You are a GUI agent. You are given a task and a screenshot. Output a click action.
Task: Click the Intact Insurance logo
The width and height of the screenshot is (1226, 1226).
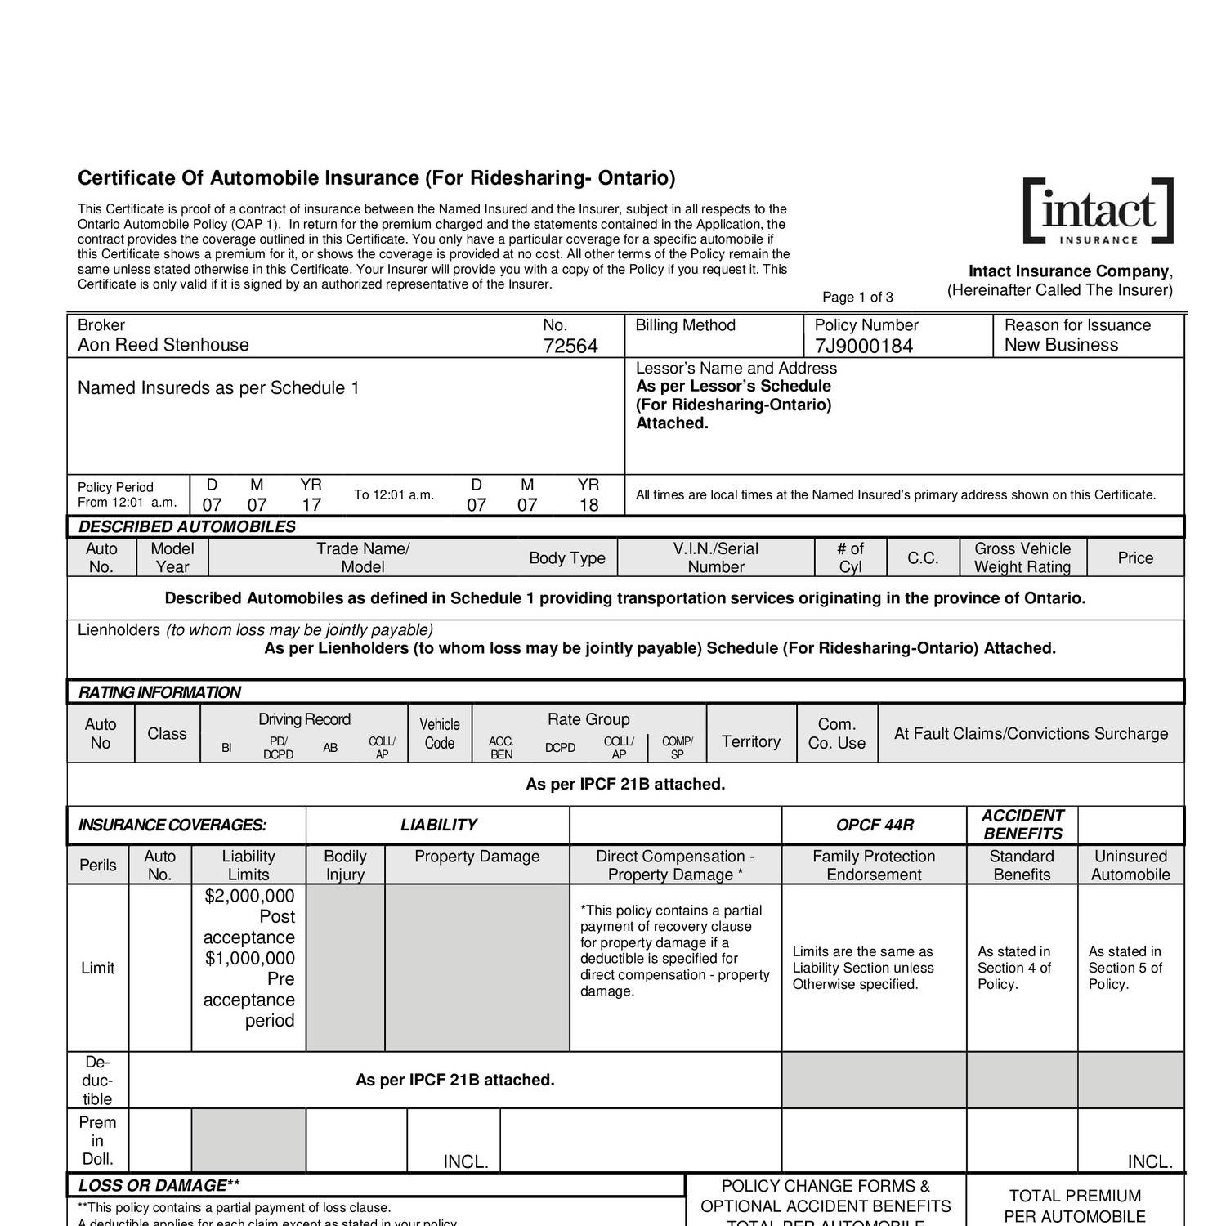(x=1098, y=211)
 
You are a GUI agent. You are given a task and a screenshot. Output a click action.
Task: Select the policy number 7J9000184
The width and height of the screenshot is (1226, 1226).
(x=863, y=347)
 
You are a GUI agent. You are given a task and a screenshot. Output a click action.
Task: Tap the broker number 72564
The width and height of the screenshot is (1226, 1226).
(x=570, y=347)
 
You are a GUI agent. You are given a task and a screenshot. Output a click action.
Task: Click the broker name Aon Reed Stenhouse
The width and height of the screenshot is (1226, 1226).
(x=163, y=345)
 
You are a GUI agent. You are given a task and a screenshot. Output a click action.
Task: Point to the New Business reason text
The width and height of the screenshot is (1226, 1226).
(x=1060, y=345)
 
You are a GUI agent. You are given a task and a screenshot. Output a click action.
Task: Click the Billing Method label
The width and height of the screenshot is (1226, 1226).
(x=685, y=325)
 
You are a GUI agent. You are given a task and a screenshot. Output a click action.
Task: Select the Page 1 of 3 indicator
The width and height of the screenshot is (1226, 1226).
(x=857, y=298)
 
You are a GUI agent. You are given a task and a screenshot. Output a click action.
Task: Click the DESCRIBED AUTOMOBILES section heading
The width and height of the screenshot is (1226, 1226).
(x=187, y=527)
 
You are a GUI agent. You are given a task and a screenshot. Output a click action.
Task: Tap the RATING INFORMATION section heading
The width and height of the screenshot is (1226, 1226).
(x=159, y=692)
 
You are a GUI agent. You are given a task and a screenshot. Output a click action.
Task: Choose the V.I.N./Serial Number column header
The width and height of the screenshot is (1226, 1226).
(x=715, y=557)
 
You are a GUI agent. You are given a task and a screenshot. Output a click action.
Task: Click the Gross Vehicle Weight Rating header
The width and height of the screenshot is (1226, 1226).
(x=1022, y=557)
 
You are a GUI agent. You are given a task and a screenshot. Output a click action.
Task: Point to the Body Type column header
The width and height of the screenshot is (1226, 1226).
(x=566, y=558)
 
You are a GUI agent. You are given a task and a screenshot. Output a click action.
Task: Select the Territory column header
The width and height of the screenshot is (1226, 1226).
(x=750, y=741)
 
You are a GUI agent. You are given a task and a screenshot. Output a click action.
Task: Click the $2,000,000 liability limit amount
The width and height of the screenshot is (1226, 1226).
(x=249, y=896)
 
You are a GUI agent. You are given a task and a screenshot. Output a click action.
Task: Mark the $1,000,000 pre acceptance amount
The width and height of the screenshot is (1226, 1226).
(x=249, y=958)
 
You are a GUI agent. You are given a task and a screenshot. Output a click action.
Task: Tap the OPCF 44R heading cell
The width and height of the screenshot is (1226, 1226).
(x=874, y=826)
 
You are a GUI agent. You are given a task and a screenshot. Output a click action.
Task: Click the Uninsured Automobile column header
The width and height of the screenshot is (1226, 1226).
(x=1131, y=866)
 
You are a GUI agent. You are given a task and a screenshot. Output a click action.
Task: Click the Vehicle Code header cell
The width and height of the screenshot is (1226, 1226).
(x=440, y=733)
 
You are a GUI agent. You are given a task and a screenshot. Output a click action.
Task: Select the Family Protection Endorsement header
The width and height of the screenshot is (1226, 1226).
(x=874, y=866)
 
